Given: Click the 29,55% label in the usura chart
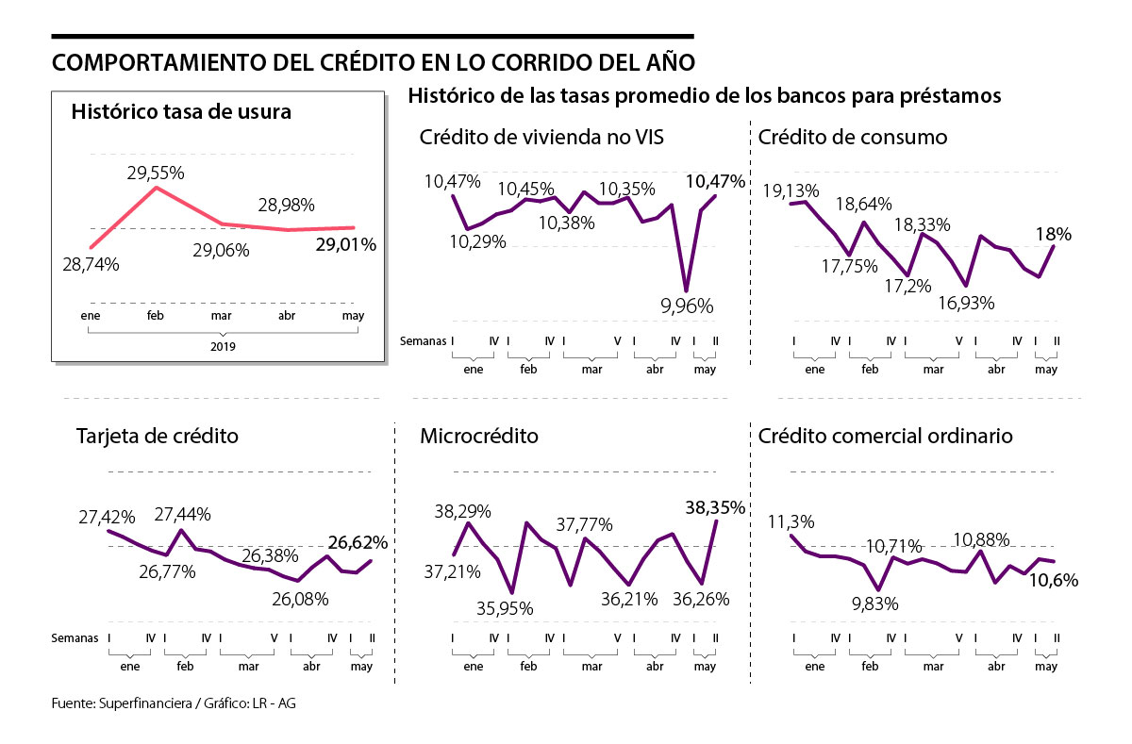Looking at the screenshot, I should tap(157, 173).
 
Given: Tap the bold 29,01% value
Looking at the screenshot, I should tap(345, 245).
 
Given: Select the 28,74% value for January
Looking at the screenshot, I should tap(91, 265).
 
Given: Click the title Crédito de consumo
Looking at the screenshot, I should tap(853, 138).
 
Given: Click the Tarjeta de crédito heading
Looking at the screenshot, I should tap(157, 437).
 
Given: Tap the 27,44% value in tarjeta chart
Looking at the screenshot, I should tap(182, 514).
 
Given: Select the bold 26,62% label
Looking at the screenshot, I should tap(358, 542).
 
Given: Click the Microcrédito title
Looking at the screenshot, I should tap(479, 437).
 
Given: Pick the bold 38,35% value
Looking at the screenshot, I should tap(713, 507).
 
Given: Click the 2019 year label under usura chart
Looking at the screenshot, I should tap(225, 346).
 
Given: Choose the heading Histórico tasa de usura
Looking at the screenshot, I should tap(181, 111).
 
